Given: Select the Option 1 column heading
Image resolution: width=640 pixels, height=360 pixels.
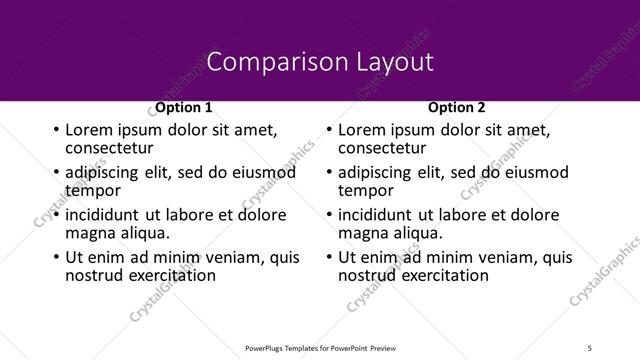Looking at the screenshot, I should coord(184,107).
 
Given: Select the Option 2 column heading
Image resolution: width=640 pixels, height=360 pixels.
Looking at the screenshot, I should coord(457,107).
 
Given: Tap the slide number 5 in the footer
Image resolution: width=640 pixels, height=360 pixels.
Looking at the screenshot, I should coord(589,347).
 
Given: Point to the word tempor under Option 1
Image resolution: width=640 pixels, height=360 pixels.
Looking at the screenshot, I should coord(93,190).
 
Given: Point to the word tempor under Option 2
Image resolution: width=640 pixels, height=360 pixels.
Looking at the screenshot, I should coord(366,190).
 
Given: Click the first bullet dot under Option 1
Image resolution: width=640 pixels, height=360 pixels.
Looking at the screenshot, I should coord(55,130).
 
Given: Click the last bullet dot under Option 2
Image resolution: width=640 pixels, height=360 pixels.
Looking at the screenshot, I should coord(328,257).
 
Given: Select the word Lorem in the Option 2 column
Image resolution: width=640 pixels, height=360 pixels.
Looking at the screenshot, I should coord(361,130).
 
